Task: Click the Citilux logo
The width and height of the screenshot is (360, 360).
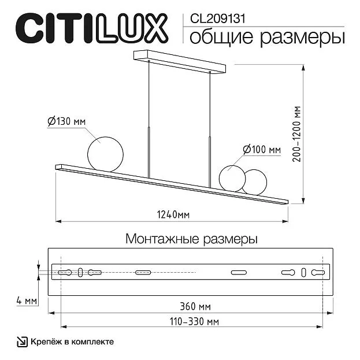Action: click(x=92, y=28)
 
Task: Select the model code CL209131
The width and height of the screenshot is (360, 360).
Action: click(x=218, y=18)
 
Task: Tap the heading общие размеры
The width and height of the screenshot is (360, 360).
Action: click(x=267, y=37)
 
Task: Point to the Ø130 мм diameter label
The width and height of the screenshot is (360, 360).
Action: click(x=66, y=121)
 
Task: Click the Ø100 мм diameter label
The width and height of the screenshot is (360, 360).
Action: click(x=262, y=150)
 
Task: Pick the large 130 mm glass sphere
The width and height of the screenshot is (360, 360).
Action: click(x=105, y=154)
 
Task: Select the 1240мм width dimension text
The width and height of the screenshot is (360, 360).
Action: click(x=173, y=215)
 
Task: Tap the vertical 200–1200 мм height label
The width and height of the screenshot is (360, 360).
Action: click(x=296, y=134)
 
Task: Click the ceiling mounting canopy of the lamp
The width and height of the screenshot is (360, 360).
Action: click(x=180, y=61)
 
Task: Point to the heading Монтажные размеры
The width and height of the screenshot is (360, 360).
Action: click(x=191, y=239)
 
